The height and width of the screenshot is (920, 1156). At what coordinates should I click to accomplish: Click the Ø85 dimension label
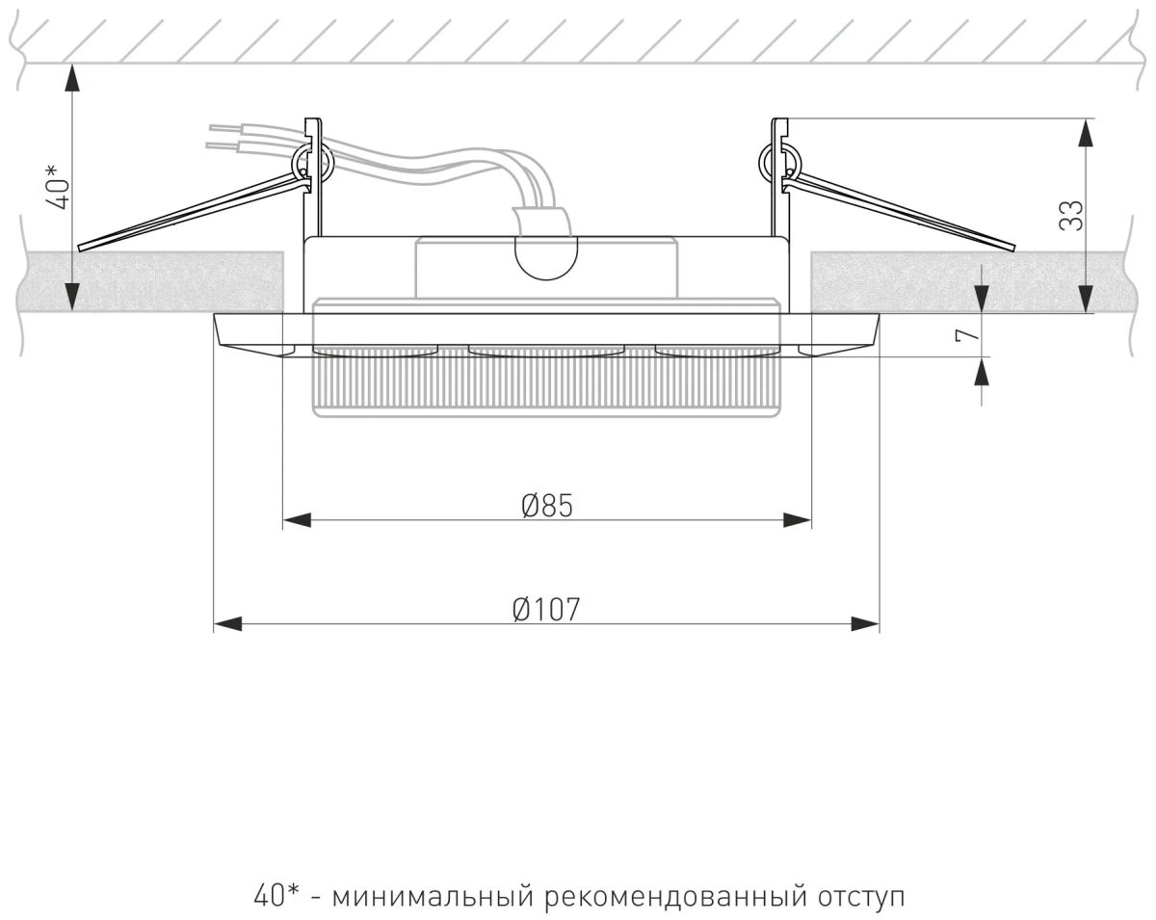click(x=547, y=504)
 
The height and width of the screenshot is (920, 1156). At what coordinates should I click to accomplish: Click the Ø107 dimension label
click(x=546, y=609)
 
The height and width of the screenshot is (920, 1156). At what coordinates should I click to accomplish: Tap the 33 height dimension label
click(x=1070, y=215)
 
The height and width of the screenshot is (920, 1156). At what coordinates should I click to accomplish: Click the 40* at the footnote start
click(x=277, y=896)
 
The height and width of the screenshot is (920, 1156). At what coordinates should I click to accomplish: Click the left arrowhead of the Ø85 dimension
click(x=295, y=520)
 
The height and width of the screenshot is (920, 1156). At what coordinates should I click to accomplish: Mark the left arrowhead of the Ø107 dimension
click(x=226, y=625)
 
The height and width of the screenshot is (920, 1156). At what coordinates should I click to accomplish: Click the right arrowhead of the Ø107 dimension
click(x=865, y=625)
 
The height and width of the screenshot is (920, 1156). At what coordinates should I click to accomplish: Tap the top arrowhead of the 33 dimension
click(x=1087, y=131)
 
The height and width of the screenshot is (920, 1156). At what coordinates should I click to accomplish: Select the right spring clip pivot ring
click(x=777, y=162)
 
